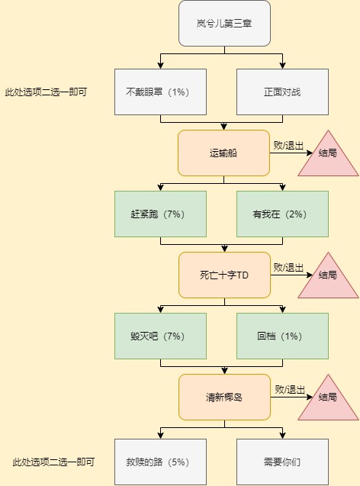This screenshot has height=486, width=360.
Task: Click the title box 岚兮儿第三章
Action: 224,23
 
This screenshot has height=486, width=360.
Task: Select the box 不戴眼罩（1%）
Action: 160,92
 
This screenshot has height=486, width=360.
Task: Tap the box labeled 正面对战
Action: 282,92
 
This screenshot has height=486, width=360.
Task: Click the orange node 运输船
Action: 223,153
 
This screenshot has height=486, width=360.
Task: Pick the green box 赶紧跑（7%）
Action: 160,214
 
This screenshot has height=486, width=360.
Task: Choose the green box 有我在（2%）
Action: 282,214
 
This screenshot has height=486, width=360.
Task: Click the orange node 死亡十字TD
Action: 224,275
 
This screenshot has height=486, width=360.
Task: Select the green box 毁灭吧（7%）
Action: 160,336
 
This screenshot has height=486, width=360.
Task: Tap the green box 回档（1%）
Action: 282,336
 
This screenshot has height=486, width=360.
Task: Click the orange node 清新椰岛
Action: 224,397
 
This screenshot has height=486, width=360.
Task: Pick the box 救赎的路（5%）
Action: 160,462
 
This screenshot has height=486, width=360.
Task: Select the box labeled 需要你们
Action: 282,462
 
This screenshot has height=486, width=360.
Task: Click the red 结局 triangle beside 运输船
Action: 328,158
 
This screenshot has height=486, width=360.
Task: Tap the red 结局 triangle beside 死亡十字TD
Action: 328,280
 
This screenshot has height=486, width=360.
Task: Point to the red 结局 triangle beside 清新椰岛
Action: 328,402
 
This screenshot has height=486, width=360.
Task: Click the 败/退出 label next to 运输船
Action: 288,146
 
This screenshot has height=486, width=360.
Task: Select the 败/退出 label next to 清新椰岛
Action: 290,390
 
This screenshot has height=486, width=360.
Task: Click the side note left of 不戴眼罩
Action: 46,92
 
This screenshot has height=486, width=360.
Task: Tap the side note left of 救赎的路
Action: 53,462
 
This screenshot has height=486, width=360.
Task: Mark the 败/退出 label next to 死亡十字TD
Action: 288,268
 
